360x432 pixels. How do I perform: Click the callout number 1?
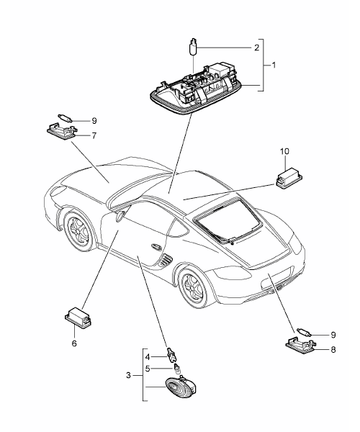pyautogui.click(x=274, y=66)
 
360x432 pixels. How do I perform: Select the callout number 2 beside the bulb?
pyautogui.click(x=257, y=48)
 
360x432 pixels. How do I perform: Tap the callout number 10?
pyautogui.click(x=285, y=151)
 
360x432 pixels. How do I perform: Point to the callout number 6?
pyautogui.click(x=74, y=343)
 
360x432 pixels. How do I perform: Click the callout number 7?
pyautogui.click(x=94, y=135)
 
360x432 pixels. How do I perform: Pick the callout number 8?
pyautogui.click(x=333, y=350)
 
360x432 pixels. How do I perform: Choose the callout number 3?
pyautogui.click(x=128, y=375)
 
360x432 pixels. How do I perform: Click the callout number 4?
pyautogui.click(x=148, y=357)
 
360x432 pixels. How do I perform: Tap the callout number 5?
pyautogui.click(x=148, y=369)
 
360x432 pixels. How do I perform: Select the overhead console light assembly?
pyautogui.click(x=197, y=89)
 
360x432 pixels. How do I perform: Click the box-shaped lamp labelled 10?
pyautogui.click(x=289, y=179)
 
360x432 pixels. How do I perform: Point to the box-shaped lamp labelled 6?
pyautogui.click(x=78, y=317)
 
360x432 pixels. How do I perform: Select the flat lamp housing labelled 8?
pyautogui.click(x=300, y=344)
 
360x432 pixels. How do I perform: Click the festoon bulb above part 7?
pyautogui.click(x=66, y=117)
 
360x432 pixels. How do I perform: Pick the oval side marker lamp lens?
pyautogui.click(x=179, y=387)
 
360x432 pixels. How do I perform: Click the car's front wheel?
pyautogui.click(x=78, y=230)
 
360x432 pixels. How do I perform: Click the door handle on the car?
pyautogui.click(x=156, y=246)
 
